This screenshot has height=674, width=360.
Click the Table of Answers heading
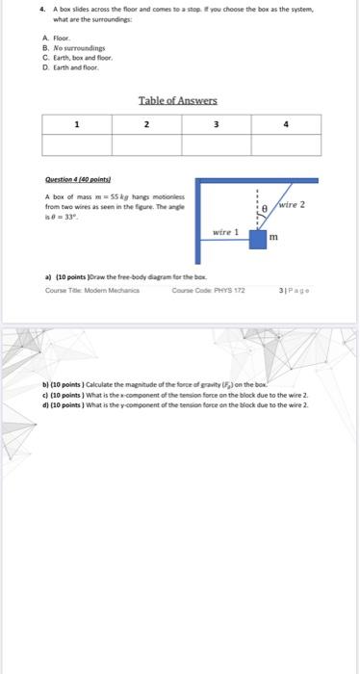point(178,100)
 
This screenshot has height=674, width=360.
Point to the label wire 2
point(292,205)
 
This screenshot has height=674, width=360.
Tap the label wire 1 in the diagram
point(227,232)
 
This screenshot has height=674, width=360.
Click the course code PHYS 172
point(205,290)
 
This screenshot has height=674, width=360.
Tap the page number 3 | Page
point(295,290)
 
